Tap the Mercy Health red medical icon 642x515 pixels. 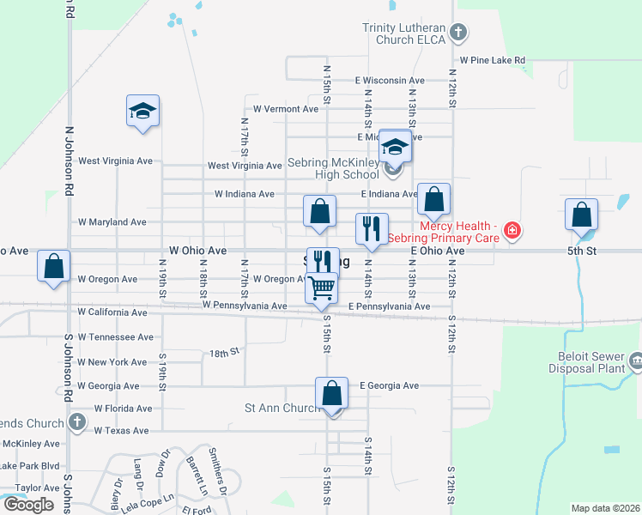tap(512, 229)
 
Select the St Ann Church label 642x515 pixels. tap(282, 409)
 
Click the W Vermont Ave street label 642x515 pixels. tap(285, 109)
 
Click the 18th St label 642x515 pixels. tap(223, 353)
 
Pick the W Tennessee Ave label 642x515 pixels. tap(115, 337)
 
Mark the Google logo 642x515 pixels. tap(28, 505)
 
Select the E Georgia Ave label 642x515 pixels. tap(389, 386)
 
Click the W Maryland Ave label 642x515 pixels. tap(112, 221)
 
